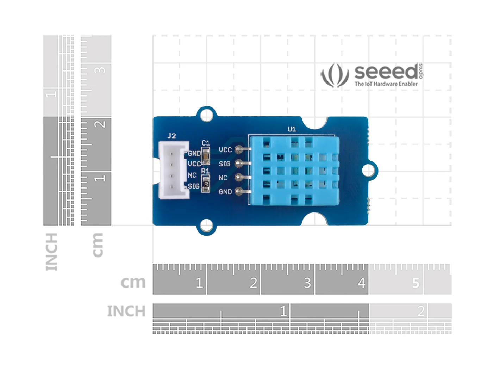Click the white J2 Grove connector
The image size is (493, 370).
point(173,170)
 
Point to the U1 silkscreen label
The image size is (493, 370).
point(292,129)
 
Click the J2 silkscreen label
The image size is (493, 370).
point(171,136)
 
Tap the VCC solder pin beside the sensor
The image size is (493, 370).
point(239,149)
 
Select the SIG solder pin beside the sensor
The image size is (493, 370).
point(239,164)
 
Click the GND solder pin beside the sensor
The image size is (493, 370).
point(239,192)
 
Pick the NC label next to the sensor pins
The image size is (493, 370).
point(223,178)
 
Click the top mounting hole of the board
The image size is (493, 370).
point(206,116)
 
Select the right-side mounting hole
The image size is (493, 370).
point(368,171)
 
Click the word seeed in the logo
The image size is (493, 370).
point(386,72)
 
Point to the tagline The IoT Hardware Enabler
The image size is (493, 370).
point(386,84)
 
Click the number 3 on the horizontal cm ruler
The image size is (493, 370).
point(307,283)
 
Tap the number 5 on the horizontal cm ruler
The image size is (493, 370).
point(416,283)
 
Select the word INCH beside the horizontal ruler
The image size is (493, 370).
point(126,312)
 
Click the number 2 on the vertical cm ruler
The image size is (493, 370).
point(100,124)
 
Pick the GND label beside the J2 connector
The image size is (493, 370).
point(194,154)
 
